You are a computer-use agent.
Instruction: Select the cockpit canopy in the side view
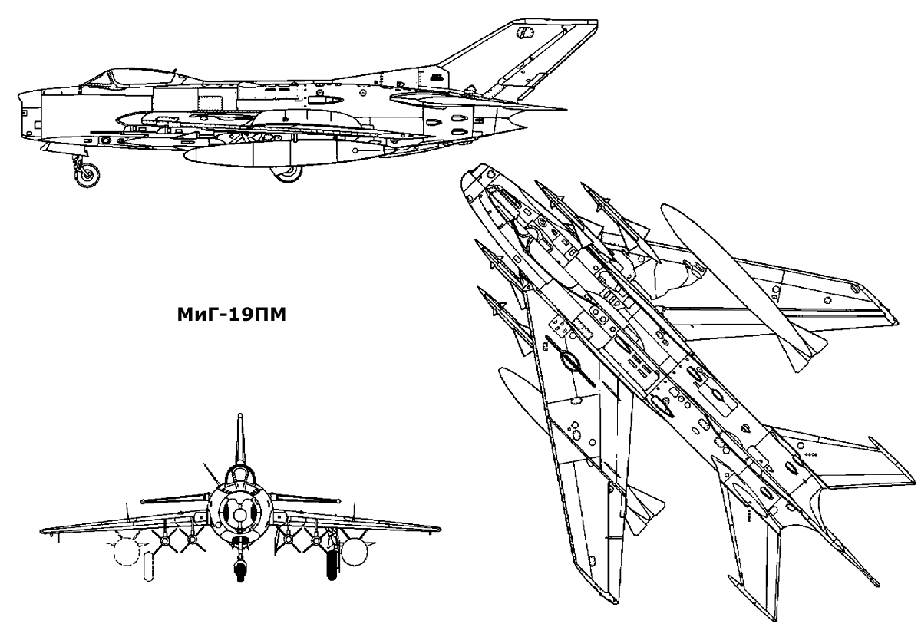tap(123, 78)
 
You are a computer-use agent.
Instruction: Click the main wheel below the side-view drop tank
tap(289, 173)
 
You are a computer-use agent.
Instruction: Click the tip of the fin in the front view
tap(239, 418)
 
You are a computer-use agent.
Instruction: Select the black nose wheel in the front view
tap(240, 569)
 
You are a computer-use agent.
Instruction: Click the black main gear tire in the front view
tap(333, 563)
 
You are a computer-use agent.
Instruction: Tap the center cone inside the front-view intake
tap(239, 508)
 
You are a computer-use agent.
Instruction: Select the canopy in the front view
tap(239, 477)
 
